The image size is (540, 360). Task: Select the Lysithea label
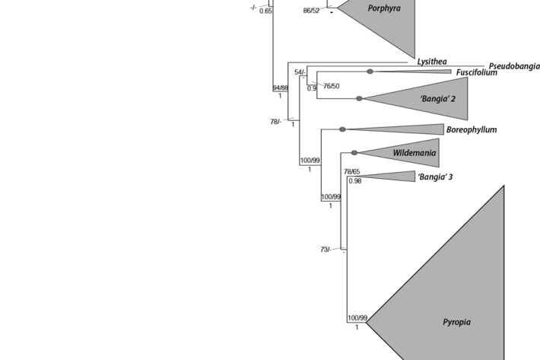[431, 62]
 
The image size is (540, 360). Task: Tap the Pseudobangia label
[514, 66]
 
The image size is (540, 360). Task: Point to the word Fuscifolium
[476, 73]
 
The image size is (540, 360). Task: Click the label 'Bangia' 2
[437, 99]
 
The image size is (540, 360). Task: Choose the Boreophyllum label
[472, 130]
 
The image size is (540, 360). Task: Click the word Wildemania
[415, 153]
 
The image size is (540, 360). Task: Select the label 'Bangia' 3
[435, 177]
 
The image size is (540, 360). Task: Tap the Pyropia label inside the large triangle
[456, 322]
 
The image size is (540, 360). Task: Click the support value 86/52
[311, 11]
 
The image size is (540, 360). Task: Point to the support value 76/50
[331, 86]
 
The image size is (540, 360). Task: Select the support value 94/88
[281, 88]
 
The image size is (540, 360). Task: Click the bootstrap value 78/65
[351, 172]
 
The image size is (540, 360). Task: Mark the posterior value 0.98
[354, 181]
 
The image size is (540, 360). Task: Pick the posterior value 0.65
[265, 11]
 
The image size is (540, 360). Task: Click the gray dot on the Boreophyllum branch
[342, 130]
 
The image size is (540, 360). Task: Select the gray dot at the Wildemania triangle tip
[354, 153]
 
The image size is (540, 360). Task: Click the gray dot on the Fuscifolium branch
[370, 72]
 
